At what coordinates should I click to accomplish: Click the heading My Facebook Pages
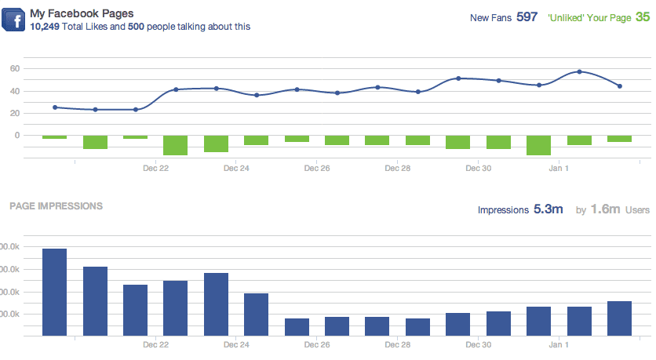point(81,14)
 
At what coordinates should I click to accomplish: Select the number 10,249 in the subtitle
point(46,27)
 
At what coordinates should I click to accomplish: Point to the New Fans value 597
point(527,16)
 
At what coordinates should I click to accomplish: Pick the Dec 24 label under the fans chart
point(236,168)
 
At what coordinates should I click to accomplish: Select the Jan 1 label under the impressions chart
point(559,345)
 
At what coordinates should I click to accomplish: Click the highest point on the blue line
point(579,71)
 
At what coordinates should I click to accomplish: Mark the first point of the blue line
point(55,107)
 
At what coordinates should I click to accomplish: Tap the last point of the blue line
point(620,86)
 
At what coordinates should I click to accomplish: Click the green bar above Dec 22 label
point(176,145)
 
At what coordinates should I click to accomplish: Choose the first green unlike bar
point(55,137)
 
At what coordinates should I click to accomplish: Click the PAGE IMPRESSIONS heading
point(56,206)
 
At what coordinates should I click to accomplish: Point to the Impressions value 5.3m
point(548,209)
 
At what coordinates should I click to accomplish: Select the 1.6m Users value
point(606,209)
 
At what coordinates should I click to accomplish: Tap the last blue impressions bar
point(620,318)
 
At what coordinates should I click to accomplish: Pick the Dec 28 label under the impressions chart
point(398,345)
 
